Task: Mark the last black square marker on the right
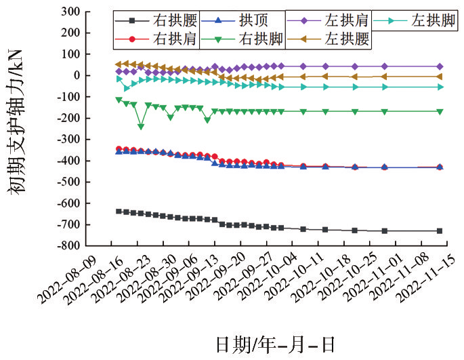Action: click(440, 231)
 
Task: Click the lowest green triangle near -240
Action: click(141, 127)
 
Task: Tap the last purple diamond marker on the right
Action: click(440, 66)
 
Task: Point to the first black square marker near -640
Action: click(119, 211)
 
